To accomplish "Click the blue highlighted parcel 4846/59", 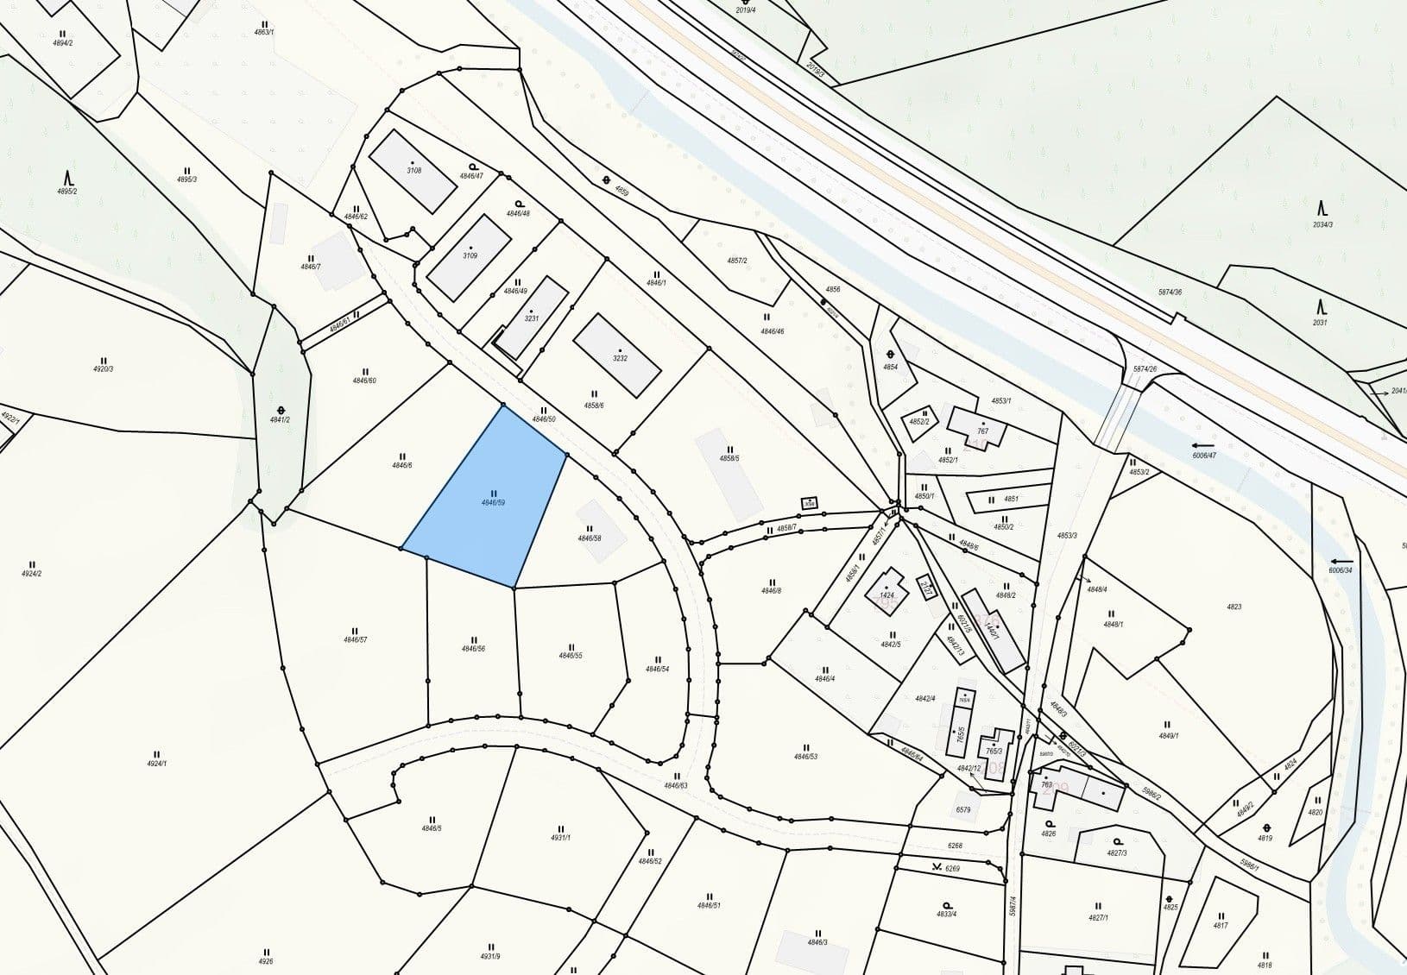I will (488, 500).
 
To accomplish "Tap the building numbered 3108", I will (413, 170).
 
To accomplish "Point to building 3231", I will (532, 318).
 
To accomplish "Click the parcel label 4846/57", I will (355, 639).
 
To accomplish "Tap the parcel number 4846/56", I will (473, 648).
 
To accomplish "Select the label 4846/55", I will (571, 655).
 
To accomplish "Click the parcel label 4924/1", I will (156, 763).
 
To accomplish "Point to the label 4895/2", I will (66, 191).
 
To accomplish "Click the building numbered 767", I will (981, 431).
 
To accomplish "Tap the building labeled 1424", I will (886, 594).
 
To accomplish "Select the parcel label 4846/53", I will (805, 756).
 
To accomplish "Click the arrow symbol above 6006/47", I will (1202, 445).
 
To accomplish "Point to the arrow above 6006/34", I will (1341, 561).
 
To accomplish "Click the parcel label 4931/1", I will (561, 837).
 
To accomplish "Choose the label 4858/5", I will (730, 458).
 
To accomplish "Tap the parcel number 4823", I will (1233, 607).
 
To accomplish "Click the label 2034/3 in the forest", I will (1322, 224).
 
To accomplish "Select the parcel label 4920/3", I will (103, 368).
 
